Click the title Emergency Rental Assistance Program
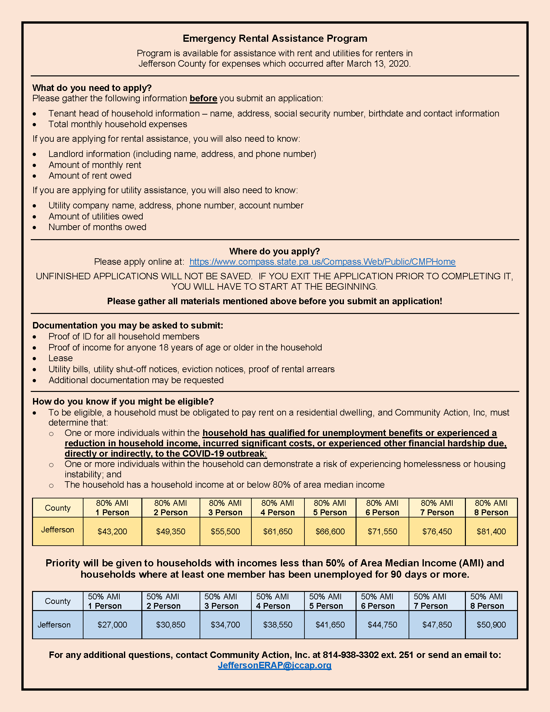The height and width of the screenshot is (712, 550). tap(275, 39)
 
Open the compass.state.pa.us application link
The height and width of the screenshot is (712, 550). tap(322, 262)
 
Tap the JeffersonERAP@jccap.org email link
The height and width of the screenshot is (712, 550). tap(275, 665)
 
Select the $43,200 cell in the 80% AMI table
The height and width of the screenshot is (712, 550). tap(112, 531)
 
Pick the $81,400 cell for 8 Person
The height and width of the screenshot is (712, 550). tap(491, 531)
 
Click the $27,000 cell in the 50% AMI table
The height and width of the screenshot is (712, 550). tap(112, 625)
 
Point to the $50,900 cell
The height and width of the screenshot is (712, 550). tap(491, 625)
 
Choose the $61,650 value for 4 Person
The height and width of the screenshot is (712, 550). tap(278, 531)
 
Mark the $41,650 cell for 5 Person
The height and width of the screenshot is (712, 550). tap(330, 625)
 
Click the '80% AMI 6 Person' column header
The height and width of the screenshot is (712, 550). tap(382, 507)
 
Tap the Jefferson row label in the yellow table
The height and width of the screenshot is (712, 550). tap(58, 530)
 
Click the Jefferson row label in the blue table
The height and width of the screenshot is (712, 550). tap(54, 625)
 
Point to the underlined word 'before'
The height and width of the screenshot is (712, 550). tap(203, 98)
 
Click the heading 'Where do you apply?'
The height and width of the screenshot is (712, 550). tap(274, 251)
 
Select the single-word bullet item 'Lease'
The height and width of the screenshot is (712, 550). tap(60, 358)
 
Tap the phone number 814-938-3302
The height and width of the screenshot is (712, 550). tap(351, 655)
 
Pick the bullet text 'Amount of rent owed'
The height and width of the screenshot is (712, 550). tap(90, 176)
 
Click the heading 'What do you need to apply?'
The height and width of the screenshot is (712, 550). tap(92, 88)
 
